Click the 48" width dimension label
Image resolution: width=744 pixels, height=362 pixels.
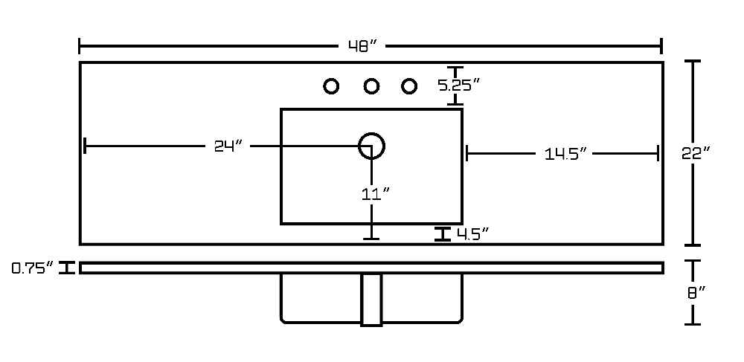pos(363,46)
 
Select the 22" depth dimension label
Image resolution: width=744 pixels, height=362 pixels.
pos(696,153)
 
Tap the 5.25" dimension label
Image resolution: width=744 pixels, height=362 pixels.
pos(459,85)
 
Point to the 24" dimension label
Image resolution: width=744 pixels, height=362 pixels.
pos(228,146)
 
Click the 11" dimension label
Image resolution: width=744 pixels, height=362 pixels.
pos(375,193)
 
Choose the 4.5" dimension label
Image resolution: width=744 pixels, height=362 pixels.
pos(472,233)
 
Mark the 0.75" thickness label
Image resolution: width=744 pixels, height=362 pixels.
pos(32,268)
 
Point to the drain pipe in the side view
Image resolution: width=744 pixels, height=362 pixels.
pos(371,300)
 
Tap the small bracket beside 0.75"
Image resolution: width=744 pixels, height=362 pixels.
pos(68,268)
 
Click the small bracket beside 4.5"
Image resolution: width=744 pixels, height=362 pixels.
pos(443,234)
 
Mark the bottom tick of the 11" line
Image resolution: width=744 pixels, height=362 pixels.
pos(371,239)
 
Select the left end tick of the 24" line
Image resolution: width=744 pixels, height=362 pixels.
pos(85,146)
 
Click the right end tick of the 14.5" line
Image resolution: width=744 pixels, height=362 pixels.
pos(658,154)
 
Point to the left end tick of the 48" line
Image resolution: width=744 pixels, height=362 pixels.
pos(80,46)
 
